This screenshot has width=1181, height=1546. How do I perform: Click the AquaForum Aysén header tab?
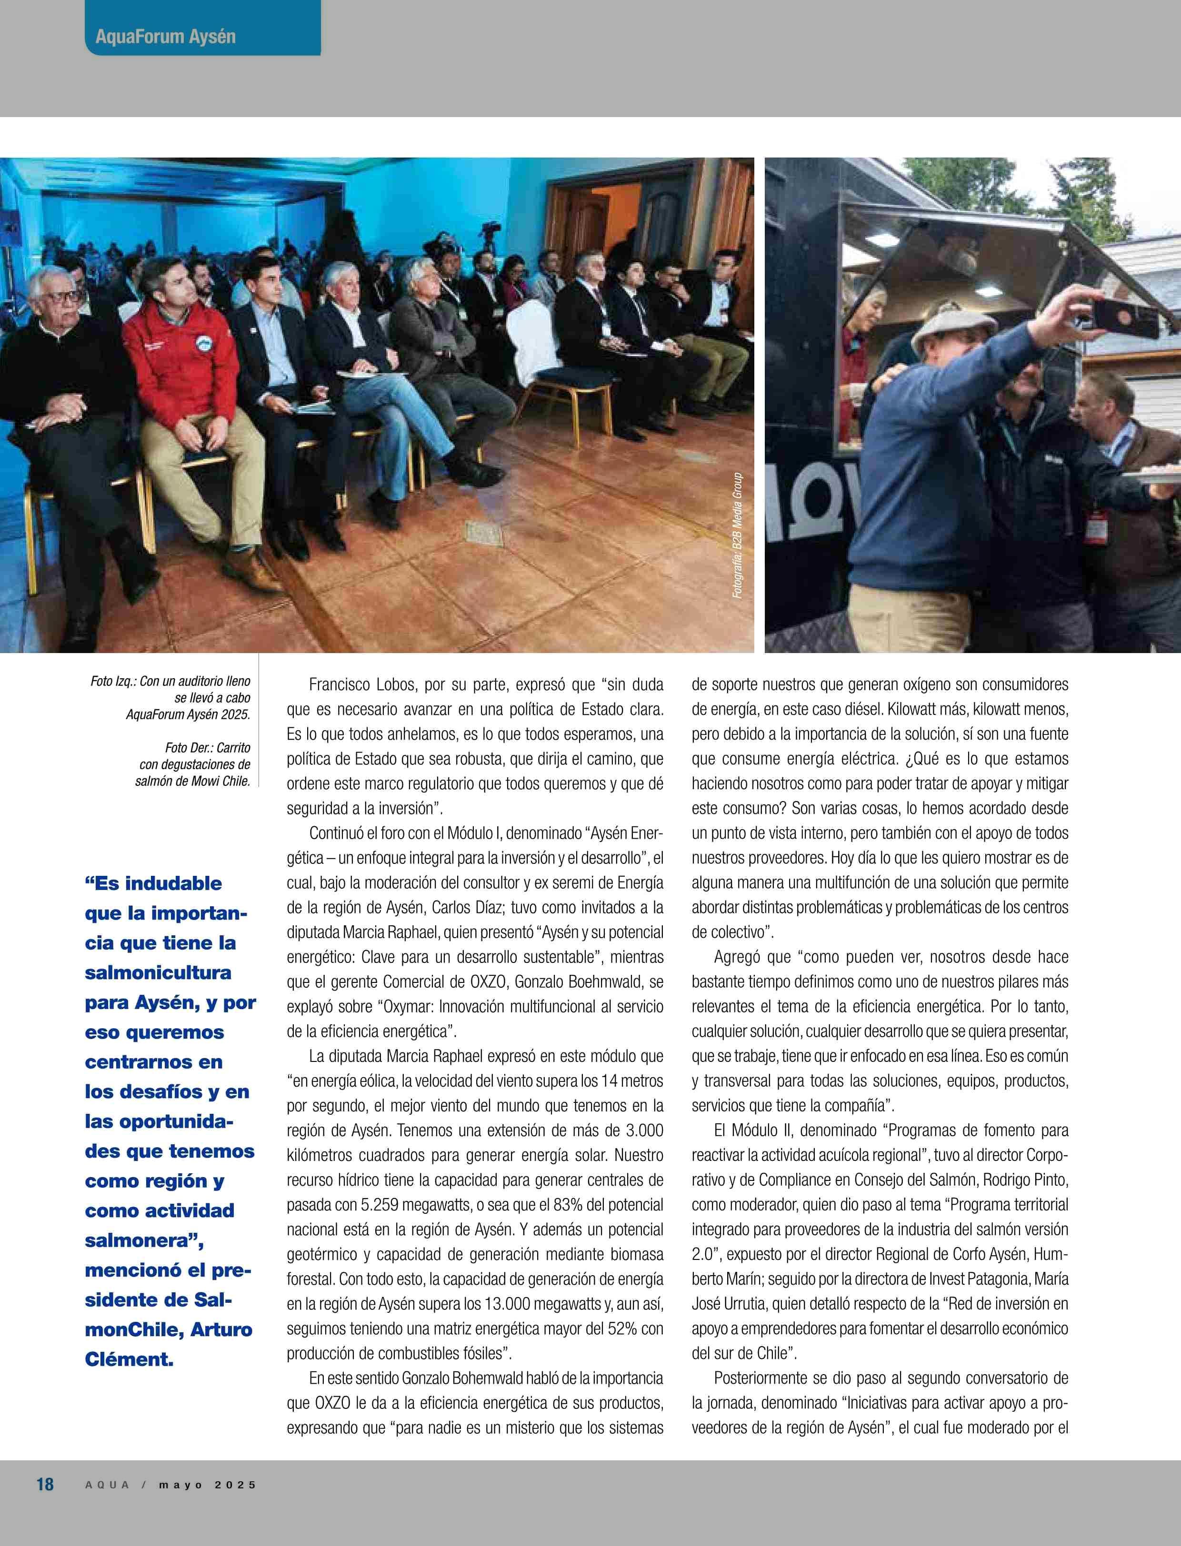tap(166, 37)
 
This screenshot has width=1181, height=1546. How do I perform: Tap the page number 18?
tap(45, 1484)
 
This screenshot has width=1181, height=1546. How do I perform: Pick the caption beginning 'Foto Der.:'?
tap(193, 764)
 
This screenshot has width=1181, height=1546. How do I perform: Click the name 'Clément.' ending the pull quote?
tap(129, 1358)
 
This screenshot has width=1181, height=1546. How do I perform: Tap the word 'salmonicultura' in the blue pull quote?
tap(158, 972)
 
